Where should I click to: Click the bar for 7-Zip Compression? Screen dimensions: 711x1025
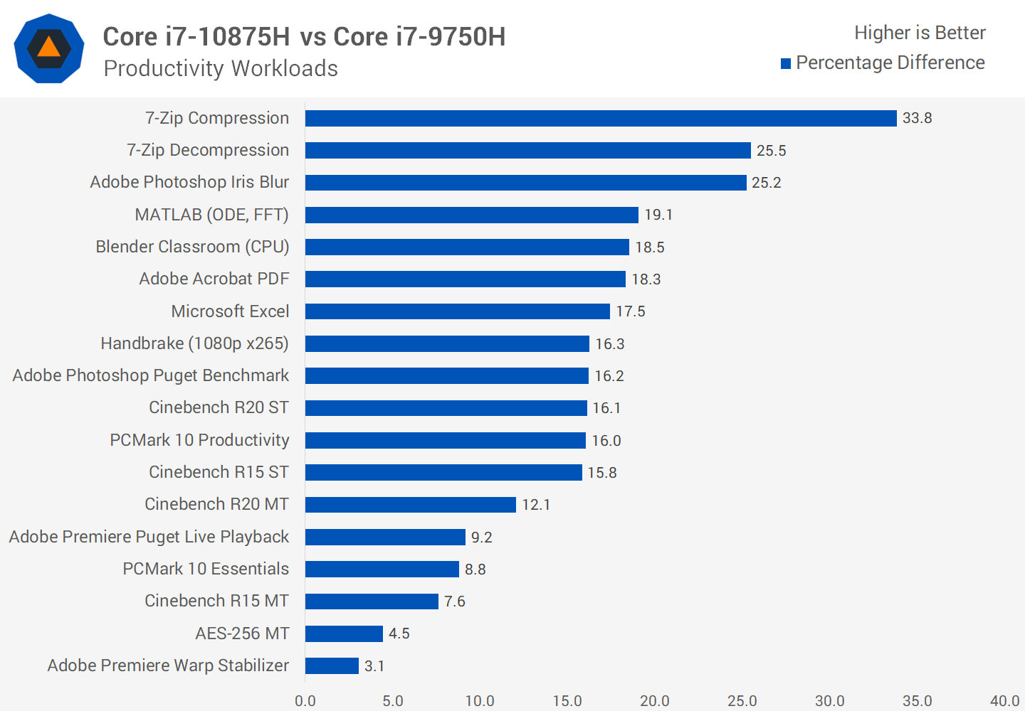[600, 118]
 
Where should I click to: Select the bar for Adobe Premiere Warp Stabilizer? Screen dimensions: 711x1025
[332, 665]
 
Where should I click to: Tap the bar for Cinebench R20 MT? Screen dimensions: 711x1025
[410, 505]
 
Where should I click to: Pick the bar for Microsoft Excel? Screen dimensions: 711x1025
[457, 311]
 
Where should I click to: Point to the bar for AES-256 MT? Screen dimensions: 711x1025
[344, 634]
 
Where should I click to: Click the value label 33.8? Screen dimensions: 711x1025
[917, 118]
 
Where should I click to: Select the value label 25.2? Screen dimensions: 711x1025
[766, 183]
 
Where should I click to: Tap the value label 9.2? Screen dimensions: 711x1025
[481, 538]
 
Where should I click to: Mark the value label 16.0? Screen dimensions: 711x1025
[606, 441]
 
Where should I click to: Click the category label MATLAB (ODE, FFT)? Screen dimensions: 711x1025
[211, 215]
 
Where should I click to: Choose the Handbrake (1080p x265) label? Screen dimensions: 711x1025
[194, 343]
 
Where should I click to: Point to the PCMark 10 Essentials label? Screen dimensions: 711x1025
[206, 569]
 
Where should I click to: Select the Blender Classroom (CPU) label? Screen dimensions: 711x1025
[192, 247]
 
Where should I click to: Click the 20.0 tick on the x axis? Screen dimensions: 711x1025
[654, 701]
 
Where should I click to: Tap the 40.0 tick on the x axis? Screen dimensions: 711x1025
[1004, 701]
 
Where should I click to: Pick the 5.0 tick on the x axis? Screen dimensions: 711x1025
[392, 701]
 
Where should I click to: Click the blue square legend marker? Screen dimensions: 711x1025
[786, 64]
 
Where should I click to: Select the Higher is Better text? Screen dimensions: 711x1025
[920, 33]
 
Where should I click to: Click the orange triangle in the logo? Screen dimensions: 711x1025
[48, 48]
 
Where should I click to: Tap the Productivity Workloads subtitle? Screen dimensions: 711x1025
[221, 68]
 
